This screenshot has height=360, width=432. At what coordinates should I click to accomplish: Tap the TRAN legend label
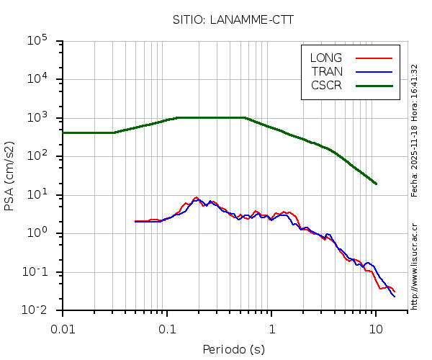327,71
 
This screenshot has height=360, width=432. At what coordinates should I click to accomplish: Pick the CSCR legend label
326,85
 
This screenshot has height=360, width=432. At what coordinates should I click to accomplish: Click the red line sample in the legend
374,58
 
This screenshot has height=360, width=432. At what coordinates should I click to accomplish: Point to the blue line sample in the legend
374,71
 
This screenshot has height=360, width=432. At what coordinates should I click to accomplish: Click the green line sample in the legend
374,85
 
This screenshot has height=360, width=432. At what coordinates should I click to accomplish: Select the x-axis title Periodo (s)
233,350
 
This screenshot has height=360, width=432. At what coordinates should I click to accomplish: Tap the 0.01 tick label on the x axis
63,329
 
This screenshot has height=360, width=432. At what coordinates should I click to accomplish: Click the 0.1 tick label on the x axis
167,329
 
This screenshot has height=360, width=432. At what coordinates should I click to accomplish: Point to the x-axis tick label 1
271,329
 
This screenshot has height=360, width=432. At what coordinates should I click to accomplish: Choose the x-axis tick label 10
376,329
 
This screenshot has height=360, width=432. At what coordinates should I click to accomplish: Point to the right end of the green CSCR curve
376,184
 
